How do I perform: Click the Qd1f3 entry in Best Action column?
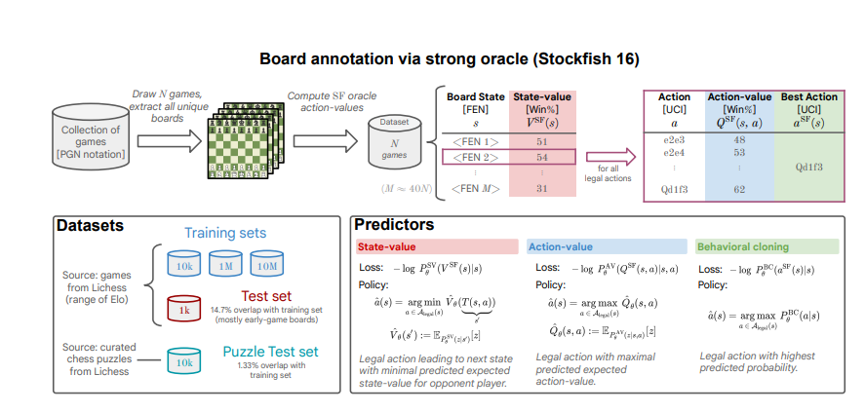808,166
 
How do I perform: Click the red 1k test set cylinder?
182,309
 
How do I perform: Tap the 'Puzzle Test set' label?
268,353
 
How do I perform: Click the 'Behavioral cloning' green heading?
738,247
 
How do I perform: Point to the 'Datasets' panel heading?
90,225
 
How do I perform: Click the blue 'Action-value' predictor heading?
564,247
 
